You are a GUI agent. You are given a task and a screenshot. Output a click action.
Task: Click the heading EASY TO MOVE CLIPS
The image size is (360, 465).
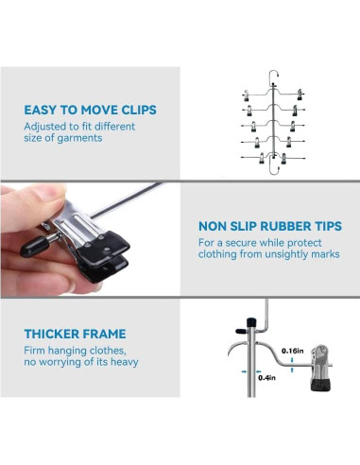[90, 110]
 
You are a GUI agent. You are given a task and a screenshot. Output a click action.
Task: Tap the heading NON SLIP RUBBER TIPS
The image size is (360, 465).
[270, 226]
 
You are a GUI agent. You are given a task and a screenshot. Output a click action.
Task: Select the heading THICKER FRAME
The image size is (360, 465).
[75, 334]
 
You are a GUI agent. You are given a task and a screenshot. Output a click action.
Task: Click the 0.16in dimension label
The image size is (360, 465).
[293, 351]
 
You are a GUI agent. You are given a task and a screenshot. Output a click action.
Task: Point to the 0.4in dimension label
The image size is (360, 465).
[266, 377]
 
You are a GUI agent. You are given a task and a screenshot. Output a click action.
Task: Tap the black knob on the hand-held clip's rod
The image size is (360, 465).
[34, 246]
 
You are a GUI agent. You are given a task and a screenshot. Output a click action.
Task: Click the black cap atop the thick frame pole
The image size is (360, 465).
[251, 322]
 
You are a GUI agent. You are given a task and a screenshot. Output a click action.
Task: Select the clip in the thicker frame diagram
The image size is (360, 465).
[320, 368]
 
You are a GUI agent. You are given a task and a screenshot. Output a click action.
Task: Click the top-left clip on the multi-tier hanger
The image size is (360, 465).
[247, 95]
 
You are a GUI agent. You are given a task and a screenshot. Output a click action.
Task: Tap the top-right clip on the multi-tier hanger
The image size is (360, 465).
[300, 95]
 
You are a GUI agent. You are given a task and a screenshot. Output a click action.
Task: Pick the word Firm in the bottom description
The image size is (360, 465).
[34, 351]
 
